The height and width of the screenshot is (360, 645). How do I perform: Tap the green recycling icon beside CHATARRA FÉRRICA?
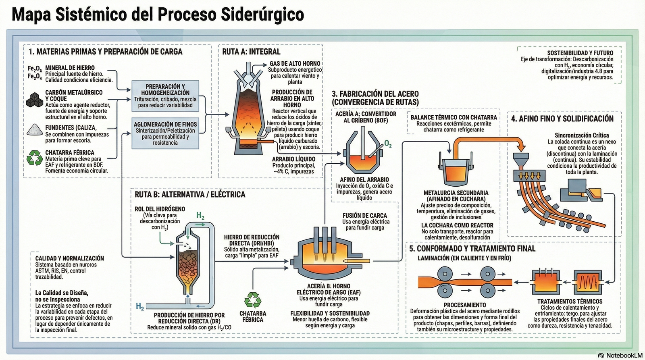click(35, 158)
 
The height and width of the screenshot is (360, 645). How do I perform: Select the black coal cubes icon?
click(34, 100)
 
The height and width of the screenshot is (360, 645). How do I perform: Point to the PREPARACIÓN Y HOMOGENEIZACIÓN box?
click(165, 96)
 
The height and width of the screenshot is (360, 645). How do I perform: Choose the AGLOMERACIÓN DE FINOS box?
click(165, 133)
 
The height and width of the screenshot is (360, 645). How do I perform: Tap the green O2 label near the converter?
click(388, 144)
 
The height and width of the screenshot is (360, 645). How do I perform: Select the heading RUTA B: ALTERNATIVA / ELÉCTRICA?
click(190, 195)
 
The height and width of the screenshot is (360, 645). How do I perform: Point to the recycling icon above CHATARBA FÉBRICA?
click(253, 300)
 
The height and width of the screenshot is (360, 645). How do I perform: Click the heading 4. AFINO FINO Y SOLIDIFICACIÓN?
click(562, 119)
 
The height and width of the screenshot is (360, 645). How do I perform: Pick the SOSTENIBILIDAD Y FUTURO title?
click(580, 53)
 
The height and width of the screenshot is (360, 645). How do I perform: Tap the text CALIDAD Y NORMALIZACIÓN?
click(69, 258)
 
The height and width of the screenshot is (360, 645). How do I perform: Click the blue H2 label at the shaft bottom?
click(140, 307)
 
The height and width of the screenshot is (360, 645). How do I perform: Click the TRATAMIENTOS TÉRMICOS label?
click(570, 302)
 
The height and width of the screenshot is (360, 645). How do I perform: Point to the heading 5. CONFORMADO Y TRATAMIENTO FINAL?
click(472, 249)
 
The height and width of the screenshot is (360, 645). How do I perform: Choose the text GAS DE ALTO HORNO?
click(295, 64)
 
